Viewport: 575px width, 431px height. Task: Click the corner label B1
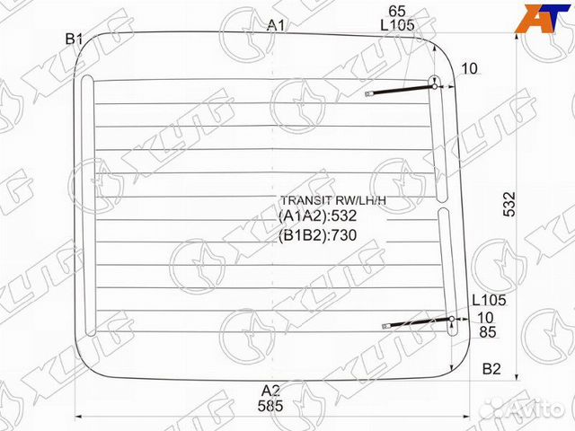(74, 39)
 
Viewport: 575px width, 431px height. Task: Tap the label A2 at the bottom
(270, 390)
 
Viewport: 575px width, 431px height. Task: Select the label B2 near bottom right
(491, 369)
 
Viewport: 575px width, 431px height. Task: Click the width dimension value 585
(270, 406)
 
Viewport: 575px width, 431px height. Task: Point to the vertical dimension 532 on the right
(510, 203)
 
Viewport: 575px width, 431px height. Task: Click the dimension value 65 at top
(396, 10)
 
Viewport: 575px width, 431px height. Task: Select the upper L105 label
(396, 25)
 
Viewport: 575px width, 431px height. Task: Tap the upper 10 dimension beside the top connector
(470, 69)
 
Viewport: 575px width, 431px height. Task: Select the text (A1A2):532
(317, 216)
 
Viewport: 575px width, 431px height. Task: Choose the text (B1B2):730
(317, 235)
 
